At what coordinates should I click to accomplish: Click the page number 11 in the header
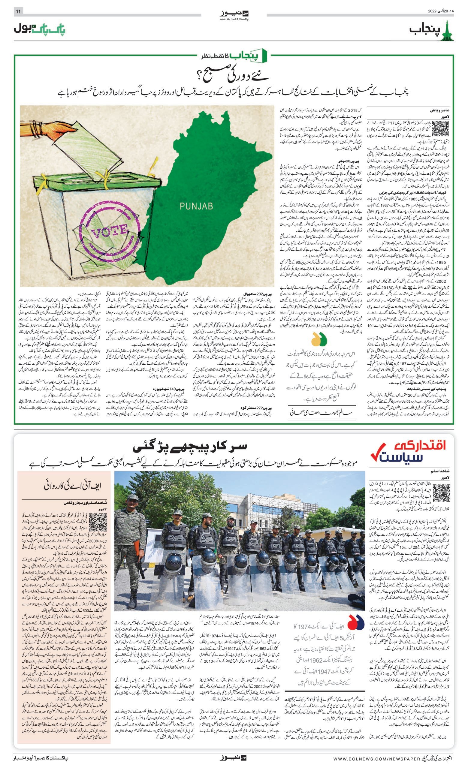click(x=18, y=11)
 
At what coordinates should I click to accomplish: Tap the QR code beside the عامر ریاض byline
click(x=441, y=128)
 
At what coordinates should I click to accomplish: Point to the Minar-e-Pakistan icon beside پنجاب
click(x=449, y=30)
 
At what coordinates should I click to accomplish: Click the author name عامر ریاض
click(x=439, y=110)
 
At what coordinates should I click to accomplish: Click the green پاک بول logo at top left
click(x=40, y=29)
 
